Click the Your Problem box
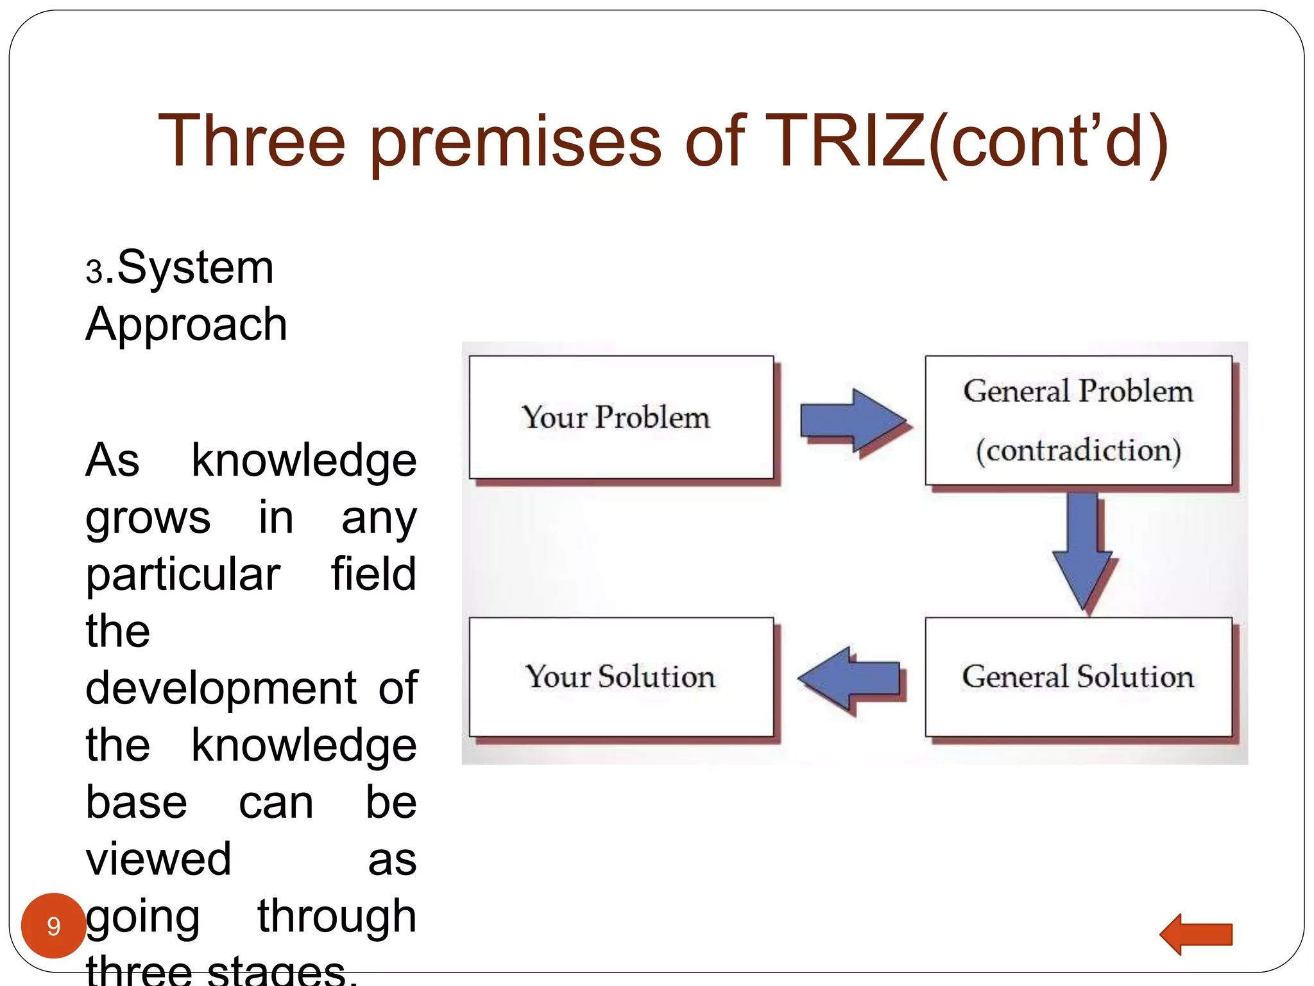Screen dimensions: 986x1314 click(620, 417)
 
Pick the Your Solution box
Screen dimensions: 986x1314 click(620, 677)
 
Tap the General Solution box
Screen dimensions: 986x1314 click(1078, 677)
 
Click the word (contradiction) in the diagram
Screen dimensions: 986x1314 click(1078, 451)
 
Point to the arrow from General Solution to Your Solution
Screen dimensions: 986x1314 click(849, 679)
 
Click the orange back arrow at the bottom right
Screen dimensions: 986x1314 click(1197, 935)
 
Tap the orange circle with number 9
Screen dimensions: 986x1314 click(54, 926)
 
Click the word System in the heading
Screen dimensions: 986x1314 click(195, 268)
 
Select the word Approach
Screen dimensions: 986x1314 click(186, 325)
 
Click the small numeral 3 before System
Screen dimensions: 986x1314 click(94, 272)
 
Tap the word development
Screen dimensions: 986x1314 click(221, 688)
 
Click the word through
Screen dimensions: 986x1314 click(337, 917)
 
